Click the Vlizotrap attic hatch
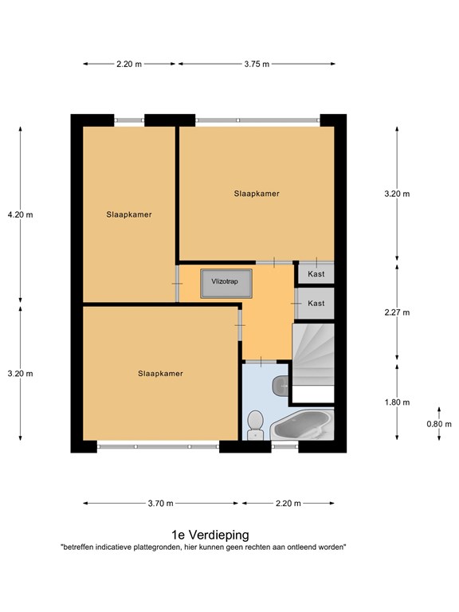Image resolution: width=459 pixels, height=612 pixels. tap(226, 284)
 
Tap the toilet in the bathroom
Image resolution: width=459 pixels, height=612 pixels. tap(256, 425)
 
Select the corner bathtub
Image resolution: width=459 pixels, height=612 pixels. tap(303, 425)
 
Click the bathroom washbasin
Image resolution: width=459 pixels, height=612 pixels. tap(280, 385)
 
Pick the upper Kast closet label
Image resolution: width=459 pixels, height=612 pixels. tap(316, 274)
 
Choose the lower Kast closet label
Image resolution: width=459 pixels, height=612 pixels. tap(316, 304)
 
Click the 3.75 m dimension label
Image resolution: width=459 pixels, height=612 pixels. tap(257, 64)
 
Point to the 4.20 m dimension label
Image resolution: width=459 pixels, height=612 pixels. tap(20, 214)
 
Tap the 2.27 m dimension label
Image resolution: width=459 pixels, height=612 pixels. tap(397, 312)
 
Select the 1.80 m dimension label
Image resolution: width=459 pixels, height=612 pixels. tap(397, 402)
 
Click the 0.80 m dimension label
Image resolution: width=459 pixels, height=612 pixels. tap(439, 424)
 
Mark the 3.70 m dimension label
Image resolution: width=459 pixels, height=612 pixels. tap(160, 504)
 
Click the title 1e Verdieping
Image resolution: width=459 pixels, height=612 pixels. tap(210, 535)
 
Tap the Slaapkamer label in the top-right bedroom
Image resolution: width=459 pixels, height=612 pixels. tap(257, 194)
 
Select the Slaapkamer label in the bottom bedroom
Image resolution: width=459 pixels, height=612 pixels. tap(160, 374)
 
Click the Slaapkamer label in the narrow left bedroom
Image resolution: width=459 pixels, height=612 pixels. tap(129, 214)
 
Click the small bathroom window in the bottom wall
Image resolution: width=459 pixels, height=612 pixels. tap(285, 446)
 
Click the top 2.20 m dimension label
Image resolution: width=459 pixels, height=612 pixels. tap(129, 64)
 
